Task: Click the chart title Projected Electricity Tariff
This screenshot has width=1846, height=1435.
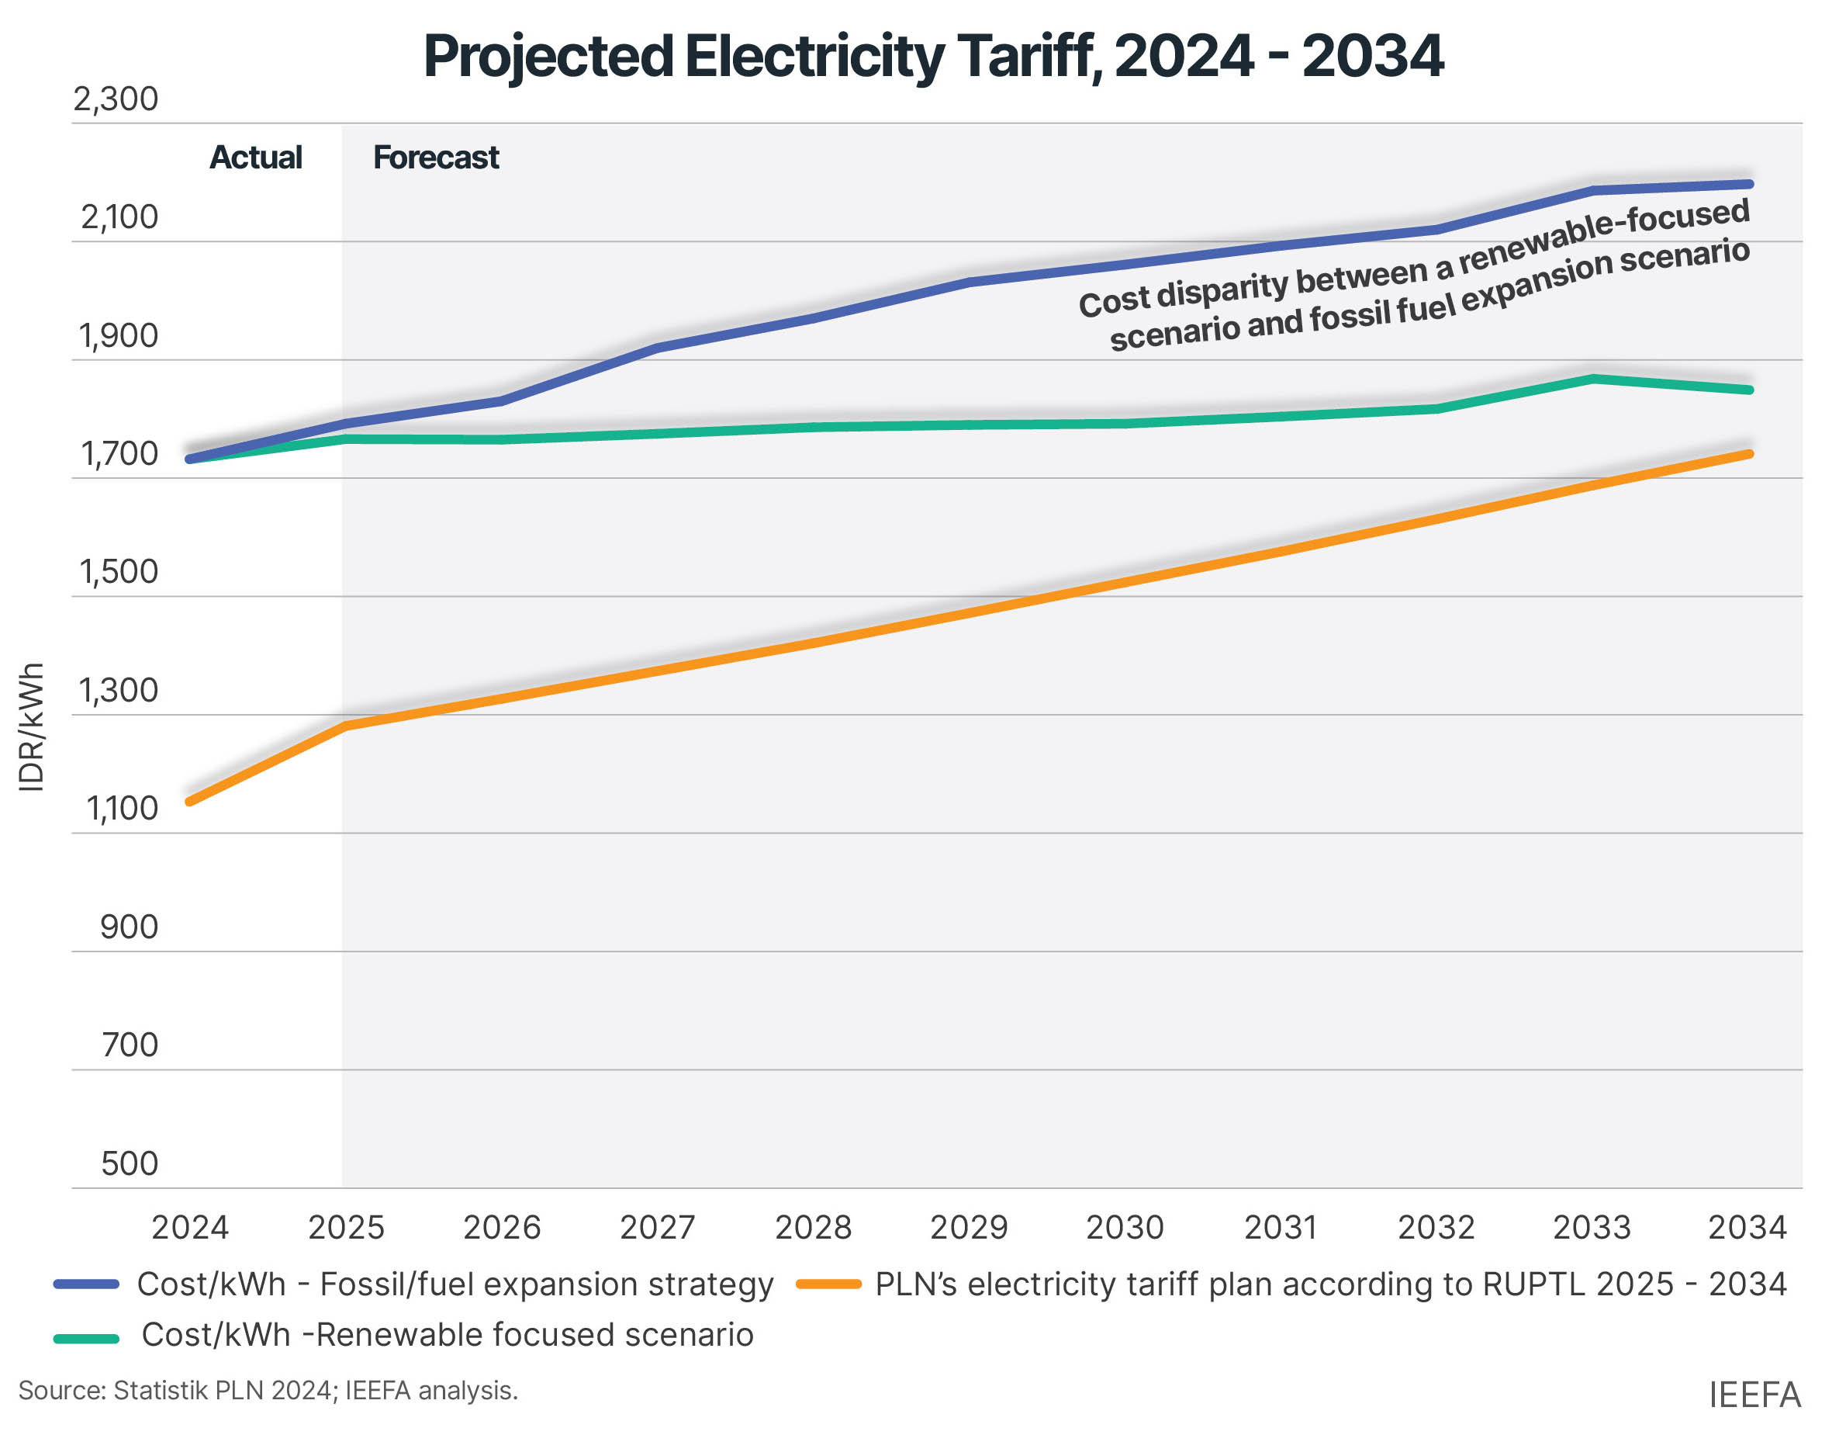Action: (932, 57)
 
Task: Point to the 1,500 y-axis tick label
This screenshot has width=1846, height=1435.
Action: (119, 573)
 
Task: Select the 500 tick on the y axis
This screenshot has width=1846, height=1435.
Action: (130, 1163)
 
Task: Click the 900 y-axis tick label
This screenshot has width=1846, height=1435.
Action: (130, 927)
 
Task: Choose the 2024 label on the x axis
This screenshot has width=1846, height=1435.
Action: (190, 1227)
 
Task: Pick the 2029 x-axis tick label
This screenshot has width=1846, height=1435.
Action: (969, 1227)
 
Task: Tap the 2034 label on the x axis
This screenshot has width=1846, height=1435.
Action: (1747, 1227)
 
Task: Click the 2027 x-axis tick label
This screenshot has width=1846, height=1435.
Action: (658, 1227)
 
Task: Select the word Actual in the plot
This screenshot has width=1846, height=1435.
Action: (255, 158)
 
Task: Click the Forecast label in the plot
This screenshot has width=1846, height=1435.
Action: (436, 158)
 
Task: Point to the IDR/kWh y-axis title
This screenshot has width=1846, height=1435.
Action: (31, 727)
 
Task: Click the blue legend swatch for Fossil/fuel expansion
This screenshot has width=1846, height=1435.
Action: (86, 1284)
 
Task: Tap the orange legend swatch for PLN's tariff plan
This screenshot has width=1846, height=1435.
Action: (828, 1284)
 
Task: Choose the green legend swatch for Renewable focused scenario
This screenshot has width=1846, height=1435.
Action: (86, 1338)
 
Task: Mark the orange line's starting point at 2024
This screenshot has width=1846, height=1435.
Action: (190, 801)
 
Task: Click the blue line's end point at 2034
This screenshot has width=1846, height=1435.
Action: (1749, 183)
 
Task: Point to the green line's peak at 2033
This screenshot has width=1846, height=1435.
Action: (1592, 378)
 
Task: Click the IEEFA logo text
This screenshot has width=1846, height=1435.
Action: (1754, 1395)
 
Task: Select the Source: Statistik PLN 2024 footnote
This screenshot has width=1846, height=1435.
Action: (268, 1390)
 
